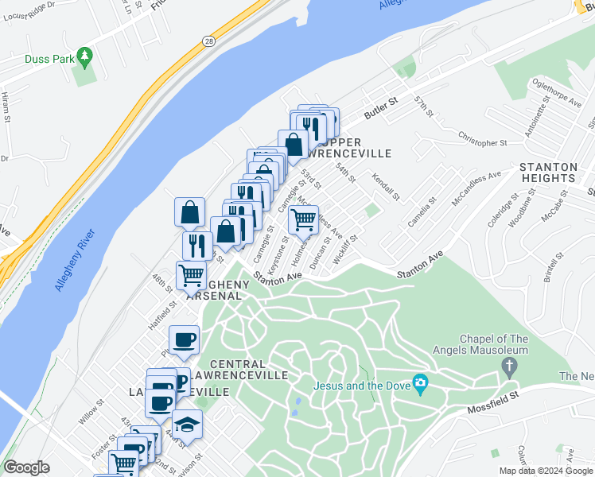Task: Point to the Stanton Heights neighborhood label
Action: (x=548, y=173)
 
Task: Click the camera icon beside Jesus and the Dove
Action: (x=420, y=385)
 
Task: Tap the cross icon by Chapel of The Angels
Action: (x=509, y=367)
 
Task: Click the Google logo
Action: (x=26, y=467)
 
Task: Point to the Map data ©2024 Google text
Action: (x=546, y=471)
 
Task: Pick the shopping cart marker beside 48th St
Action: (x=192, y=275)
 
